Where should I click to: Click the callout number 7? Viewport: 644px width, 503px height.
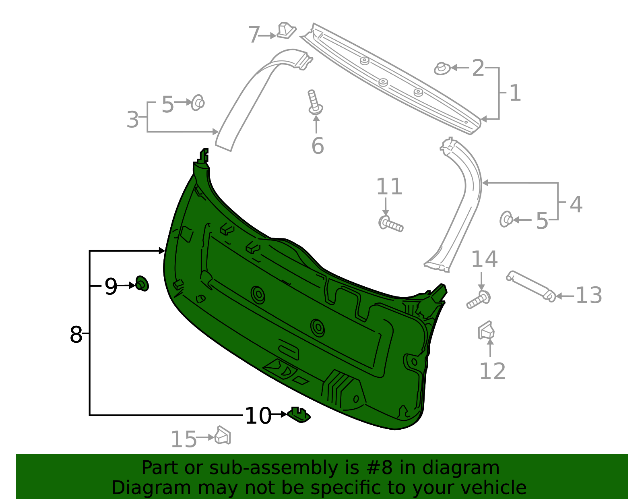click(254, 35)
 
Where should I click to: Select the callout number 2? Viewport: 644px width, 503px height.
click(478, 68)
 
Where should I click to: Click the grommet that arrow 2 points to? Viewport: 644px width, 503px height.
click(442, 69)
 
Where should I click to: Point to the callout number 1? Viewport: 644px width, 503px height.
click(515, 93)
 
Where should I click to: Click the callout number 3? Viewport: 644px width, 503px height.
click(132, 120)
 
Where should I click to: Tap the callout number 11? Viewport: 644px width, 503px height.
click(389, 187)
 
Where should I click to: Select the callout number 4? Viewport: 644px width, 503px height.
click(576, 205)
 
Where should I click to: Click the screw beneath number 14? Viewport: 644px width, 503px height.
click(479, 299)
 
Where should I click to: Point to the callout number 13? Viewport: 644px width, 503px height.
click(588, 296)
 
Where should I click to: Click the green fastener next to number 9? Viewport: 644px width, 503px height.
click(142, 284)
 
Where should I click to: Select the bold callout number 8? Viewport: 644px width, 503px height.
click(76, 335)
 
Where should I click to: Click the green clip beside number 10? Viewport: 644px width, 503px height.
click(299, 415)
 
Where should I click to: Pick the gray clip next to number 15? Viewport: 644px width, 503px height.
click(223, 436)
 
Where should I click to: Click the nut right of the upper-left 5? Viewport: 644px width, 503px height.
click(198, 103)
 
